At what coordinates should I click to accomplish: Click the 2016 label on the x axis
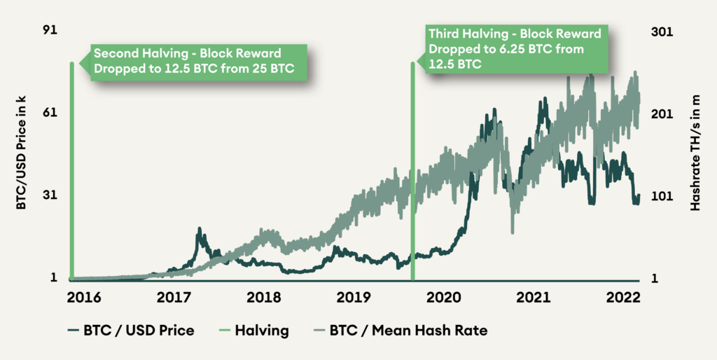pos(84,298)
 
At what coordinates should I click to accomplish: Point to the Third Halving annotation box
pos(515,49)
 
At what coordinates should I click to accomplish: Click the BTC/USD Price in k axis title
pos(20,154)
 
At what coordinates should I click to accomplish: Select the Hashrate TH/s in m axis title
pos(696,154)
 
